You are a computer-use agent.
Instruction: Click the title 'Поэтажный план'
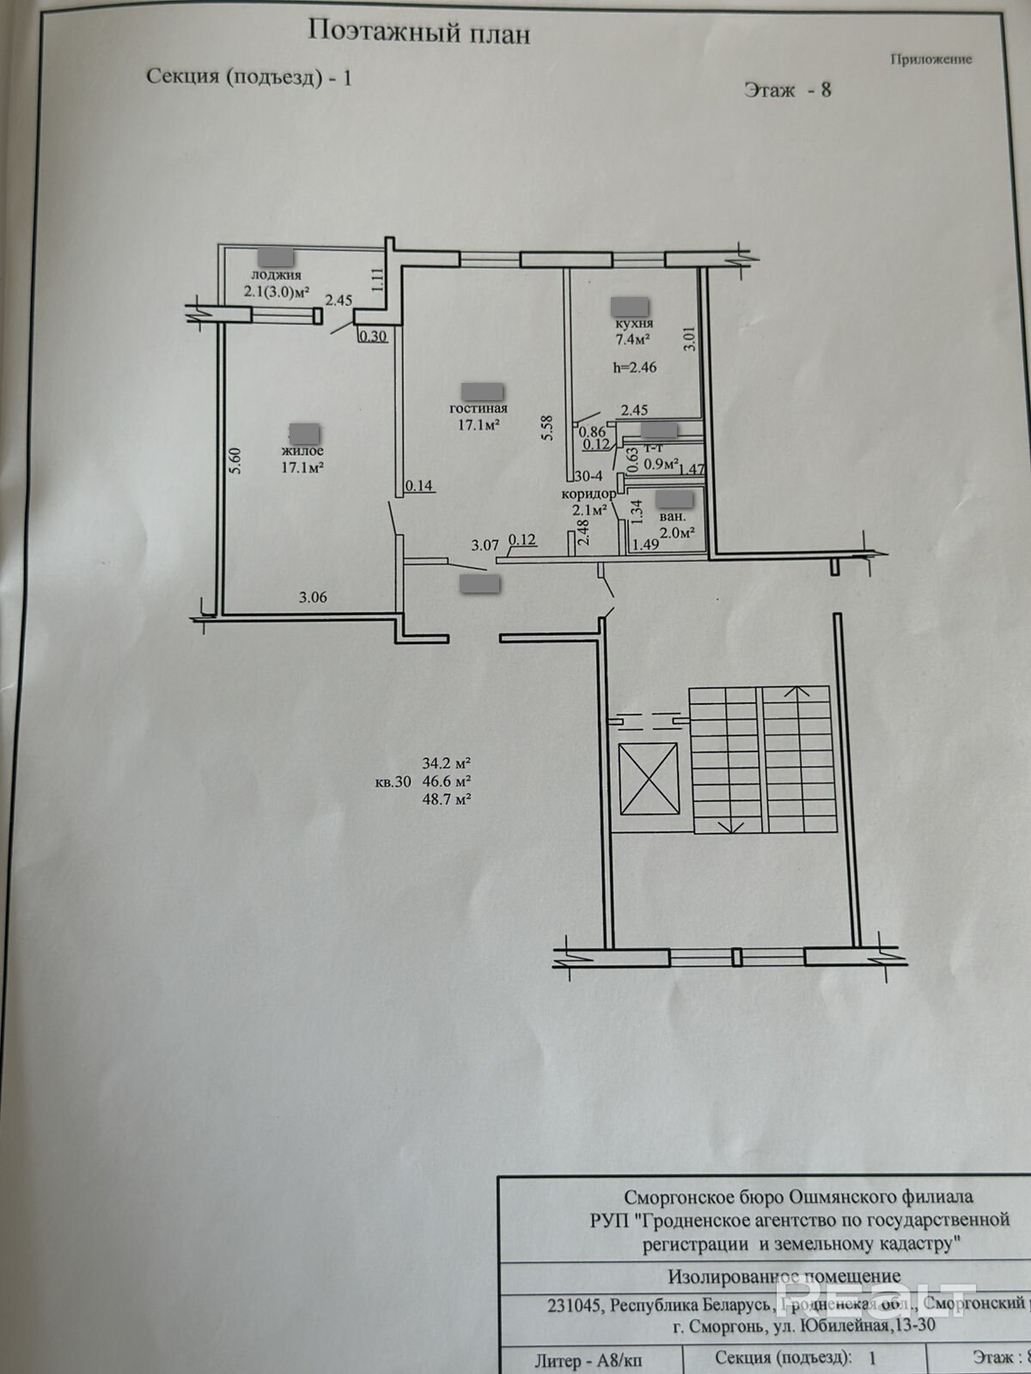pos(418,33)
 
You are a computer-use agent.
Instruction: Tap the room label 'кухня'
pos(634,324)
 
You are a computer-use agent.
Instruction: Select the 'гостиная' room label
pos(479,409)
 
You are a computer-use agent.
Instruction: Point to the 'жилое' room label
pos(301,451)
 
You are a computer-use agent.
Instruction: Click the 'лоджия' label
pos(275,276)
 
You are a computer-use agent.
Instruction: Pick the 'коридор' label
pos(588,494)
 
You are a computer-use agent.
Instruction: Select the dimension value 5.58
pos(547,429)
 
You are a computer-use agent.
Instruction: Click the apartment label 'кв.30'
pos(393,781)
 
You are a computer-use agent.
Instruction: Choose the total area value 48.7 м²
pos(447,799)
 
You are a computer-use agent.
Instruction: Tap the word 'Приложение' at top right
pos(931,59)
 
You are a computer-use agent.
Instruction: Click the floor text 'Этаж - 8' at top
pos(787,89)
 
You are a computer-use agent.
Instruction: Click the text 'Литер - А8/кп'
pos(588,1360)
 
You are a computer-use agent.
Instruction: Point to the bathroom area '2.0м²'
pos(677,532)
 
